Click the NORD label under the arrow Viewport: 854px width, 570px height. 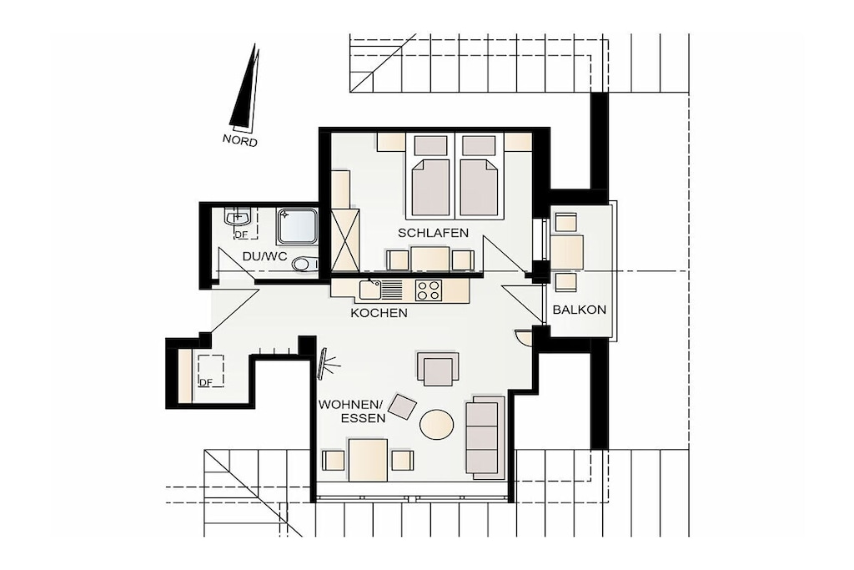tap(239, 140)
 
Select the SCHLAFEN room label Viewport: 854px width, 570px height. tap(433, 233)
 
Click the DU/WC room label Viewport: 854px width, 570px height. tap(264, 257)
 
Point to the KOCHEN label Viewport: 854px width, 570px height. tap(379, 313)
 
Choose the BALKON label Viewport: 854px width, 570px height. tap(580, 310)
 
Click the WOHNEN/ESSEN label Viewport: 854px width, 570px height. tap(352, 411)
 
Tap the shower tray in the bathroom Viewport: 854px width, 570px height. tap(297, 226)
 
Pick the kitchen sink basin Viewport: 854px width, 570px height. tap(370, 290)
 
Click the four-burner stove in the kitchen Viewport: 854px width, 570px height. tap(428, 290)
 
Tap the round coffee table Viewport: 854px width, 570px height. tap(437, 423)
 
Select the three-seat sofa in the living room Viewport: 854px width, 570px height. tap(485, 438)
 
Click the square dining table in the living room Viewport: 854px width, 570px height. tap(368, 460)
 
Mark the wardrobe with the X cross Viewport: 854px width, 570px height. tap(345, 240)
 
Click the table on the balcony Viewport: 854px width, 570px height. tap(567, 252)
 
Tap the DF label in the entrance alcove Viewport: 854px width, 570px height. tap(206, 382)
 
